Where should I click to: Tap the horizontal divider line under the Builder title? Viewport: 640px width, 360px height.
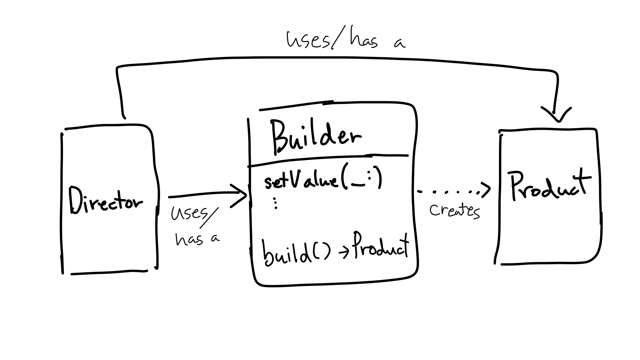tap(328, 160)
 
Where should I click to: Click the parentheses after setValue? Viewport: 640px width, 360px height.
tap(362, 180)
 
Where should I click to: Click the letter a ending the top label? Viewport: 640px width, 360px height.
tap(399, 43)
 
